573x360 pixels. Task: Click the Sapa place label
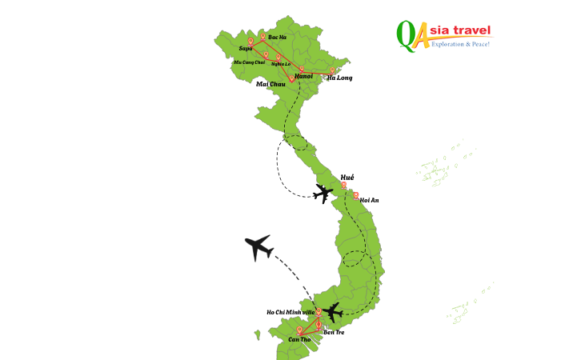click(x=246, y=48)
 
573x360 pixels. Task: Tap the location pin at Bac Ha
click(x=262, y=36)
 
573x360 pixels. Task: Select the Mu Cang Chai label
click(x=249, y=62)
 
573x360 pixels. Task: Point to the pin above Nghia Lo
click(x=278, y=56)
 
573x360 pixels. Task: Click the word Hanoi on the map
click(x=303, y=76)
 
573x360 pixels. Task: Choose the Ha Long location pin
click(x=333, y=70)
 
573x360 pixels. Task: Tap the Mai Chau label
click(x=270, y=84)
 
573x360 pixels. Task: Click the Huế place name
click(x=347, y=177)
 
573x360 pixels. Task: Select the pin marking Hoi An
click(x=356, y=194)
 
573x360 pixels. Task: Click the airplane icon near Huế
click(x=323, y=193)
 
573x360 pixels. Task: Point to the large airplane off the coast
click(x=258, y=247)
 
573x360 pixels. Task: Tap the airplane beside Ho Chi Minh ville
click(x=334, y=312)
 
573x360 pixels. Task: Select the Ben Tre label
click(x=334, y=332)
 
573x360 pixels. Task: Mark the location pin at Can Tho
click(x=299, y=329)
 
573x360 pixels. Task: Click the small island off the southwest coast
click(x=258, y=334)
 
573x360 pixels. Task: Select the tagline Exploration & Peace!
click(x=460, y=44)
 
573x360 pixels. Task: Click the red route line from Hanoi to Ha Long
click(x=319, y=74)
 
